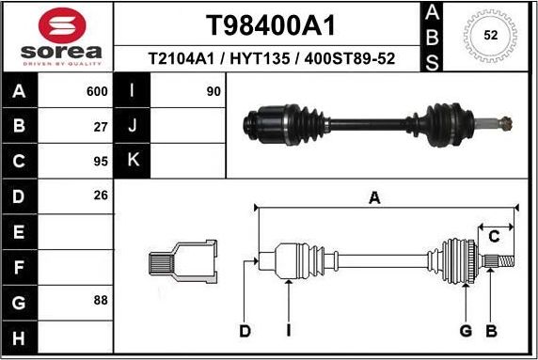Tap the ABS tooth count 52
pos(490,37)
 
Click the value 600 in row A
pos(97,91)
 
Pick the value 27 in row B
pos(102,126)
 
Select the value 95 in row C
pos(102,161)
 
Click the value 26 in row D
pos(102,196)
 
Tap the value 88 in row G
pos(102,300)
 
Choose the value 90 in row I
pos(214,91)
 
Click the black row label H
pos(20,336)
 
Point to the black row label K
pos(132,161)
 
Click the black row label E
pos(20,231)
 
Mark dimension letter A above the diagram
pos(374,198)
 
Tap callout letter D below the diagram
pos(245,330)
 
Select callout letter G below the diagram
pos(465,330)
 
